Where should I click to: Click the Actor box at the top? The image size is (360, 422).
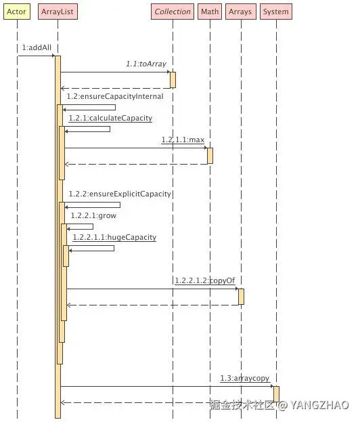[17, 12]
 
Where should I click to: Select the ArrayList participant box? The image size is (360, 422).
[58, 12]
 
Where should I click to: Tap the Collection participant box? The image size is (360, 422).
[173, 12]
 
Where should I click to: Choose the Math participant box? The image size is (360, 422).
[210, 12]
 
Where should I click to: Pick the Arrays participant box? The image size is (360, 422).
[241, 12]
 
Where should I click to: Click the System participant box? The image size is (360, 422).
[276, 12]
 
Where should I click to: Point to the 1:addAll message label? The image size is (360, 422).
[37, 47]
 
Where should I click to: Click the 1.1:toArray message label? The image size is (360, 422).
[146, 64]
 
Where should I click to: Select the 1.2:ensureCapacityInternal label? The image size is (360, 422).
[115, 96]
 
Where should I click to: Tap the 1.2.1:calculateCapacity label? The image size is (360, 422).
[110, 118]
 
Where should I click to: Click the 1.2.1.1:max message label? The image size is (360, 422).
[183, 140]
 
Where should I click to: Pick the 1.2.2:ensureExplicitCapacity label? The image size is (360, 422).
[120, 194]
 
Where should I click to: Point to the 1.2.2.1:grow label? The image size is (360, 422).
[93, 215]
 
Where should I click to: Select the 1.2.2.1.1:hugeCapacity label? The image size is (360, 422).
[114, 237]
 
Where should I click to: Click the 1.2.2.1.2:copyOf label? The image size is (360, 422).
[205, 280]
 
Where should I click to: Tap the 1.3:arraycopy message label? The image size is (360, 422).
[245, 378]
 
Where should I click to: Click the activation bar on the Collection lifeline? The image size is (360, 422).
[173, 80]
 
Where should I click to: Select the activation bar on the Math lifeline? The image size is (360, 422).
[210, 156]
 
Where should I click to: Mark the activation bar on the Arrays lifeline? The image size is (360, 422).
[241, 297]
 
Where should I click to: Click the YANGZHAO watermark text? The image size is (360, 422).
[319, 405]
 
